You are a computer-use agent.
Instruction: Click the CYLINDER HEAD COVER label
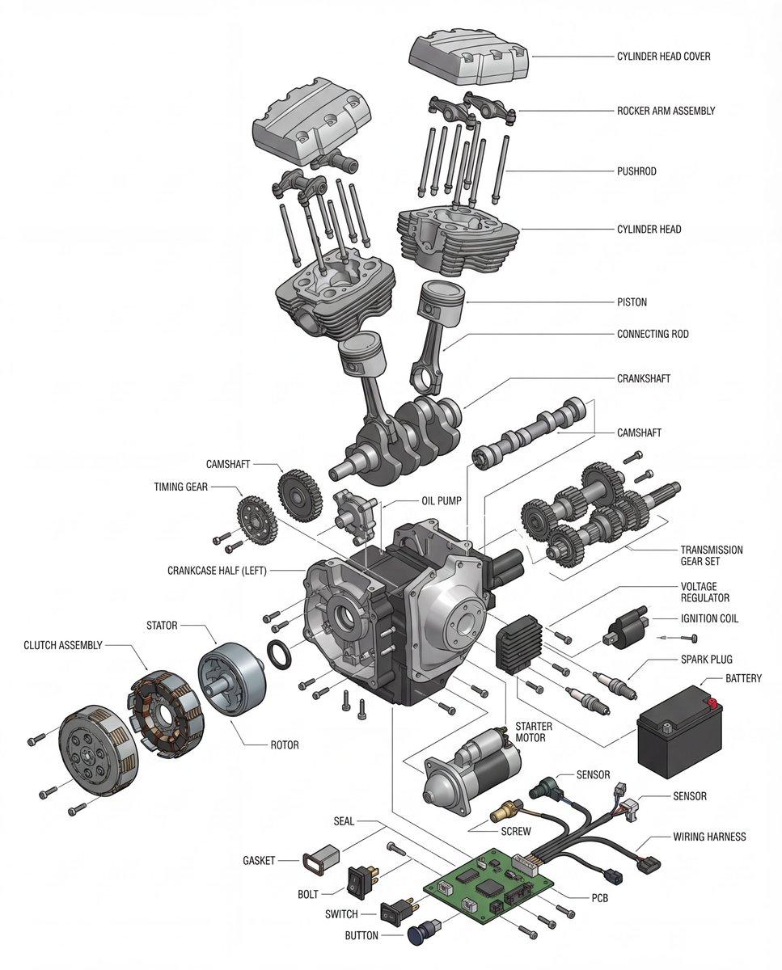click(664, 57)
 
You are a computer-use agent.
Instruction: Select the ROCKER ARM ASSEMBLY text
click(666, 111)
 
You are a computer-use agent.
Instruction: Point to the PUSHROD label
click(636, 171)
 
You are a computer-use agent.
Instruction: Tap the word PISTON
click(632, 302)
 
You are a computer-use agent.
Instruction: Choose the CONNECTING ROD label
click(653, 334)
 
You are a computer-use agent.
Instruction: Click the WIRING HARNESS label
click(709, 837)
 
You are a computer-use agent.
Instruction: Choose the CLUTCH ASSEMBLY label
click(63, 645)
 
